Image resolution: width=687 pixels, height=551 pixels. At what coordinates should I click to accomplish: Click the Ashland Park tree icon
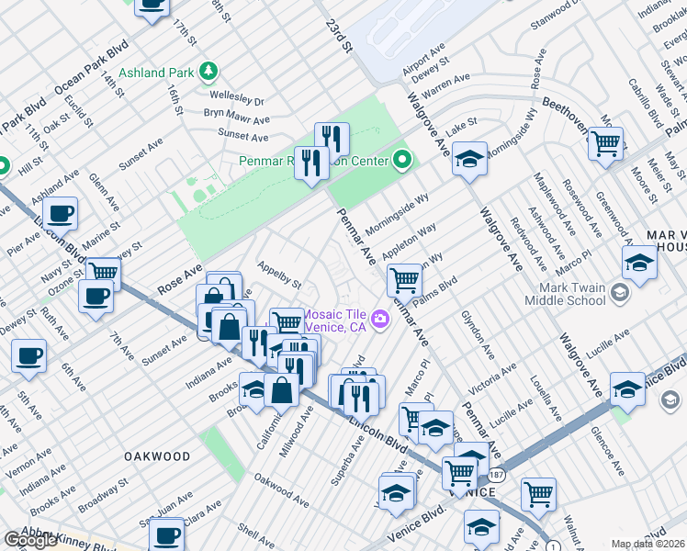[x=208, y=71]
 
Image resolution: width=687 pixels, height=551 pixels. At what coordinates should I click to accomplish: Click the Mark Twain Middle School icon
[x=620, y=293]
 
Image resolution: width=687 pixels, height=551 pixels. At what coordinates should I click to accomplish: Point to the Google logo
[x=30, y=540]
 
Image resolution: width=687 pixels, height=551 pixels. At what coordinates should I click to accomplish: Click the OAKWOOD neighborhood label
[x=158, y=455]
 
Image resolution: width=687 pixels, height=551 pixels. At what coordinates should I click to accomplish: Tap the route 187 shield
[x=496, y=474]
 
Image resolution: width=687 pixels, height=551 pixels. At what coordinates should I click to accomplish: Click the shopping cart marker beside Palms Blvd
[x=404, y=278]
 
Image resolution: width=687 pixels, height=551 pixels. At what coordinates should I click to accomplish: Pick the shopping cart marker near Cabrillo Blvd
[x=605, y=143]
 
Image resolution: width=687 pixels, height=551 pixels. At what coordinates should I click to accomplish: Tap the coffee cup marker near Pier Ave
[x=60, y=214]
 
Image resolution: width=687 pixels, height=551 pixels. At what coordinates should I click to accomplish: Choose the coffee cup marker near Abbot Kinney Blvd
[x=166, y=534]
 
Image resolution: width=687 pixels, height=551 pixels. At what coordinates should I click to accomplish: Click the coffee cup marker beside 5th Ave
[x=29, y=355]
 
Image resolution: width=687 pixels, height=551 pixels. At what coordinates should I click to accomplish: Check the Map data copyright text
[x=648, y=544]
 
